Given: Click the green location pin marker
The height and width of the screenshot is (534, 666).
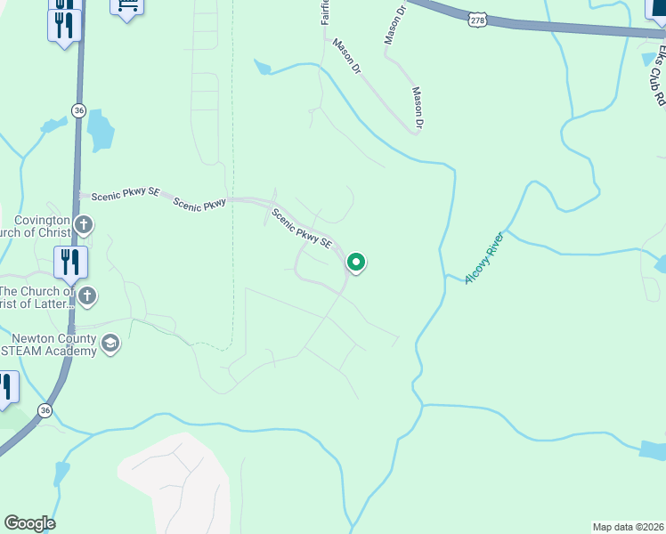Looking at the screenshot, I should pyautogui.click(x=355, y=263).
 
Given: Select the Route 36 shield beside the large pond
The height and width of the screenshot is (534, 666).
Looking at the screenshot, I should pyautogui.click(x=78, y=109).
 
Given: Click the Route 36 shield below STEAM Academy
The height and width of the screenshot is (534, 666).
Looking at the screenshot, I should pyautogui.click(x=45, y=410).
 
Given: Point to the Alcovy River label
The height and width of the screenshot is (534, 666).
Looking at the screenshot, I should pyautogui.click(x=483, y=257).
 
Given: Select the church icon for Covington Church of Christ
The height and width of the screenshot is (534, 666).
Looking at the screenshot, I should pyautogui.click(x=83, y=224).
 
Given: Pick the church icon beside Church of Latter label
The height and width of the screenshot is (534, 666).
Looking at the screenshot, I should pyautogui.click(x=86, y=295).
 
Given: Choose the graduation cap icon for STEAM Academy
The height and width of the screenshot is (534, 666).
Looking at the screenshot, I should pyautogui.click(x=110, y=344).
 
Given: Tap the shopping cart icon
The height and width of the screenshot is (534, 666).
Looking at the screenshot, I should pyautogui.click(x=126, y=7).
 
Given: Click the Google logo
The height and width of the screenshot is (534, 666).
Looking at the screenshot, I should pyautogui.click(x=29, y=523).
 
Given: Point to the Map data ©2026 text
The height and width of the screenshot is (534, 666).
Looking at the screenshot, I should pyautogui.click(x=628, y=527).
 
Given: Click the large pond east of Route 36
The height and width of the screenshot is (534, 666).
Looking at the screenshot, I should pyautogui.click(x=101, y=131).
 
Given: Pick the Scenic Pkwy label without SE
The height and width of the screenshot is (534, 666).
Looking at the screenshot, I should pyautogui.click(x=199, y=204).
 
